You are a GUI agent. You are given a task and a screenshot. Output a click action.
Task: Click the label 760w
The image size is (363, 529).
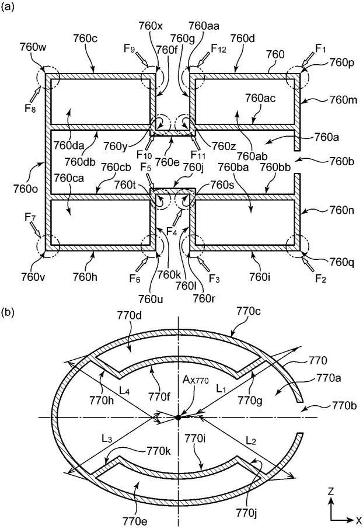point(33,47)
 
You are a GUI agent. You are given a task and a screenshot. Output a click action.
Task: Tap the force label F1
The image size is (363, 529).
point(320,49)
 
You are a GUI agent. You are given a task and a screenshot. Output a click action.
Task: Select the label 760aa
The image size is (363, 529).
point(204,26)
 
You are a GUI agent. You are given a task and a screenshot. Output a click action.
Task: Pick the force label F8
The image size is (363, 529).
point(30,109)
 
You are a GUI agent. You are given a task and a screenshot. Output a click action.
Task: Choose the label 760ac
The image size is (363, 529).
point(260,98)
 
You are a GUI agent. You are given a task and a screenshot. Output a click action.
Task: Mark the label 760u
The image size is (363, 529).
point(151,298)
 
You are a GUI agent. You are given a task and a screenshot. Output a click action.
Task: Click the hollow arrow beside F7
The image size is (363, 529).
point(36,231)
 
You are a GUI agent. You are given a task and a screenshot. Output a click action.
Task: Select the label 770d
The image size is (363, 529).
point(129,315)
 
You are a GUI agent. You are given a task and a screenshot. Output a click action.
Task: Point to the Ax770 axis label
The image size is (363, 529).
point(196,380)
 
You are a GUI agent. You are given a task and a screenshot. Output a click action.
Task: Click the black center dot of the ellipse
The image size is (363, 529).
point(178,417)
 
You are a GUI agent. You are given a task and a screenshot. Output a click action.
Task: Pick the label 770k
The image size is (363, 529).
point(158,451)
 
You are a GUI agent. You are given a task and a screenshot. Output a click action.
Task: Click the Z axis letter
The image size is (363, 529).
point(331,491)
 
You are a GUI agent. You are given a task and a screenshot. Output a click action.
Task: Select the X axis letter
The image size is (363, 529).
point(358,520)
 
